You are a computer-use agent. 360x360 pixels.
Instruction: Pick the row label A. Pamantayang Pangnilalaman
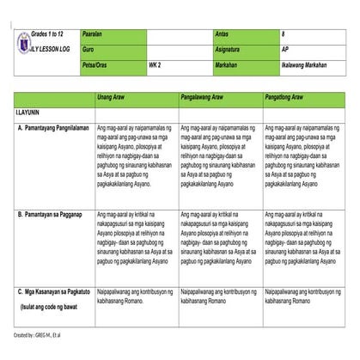(53, 127)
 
